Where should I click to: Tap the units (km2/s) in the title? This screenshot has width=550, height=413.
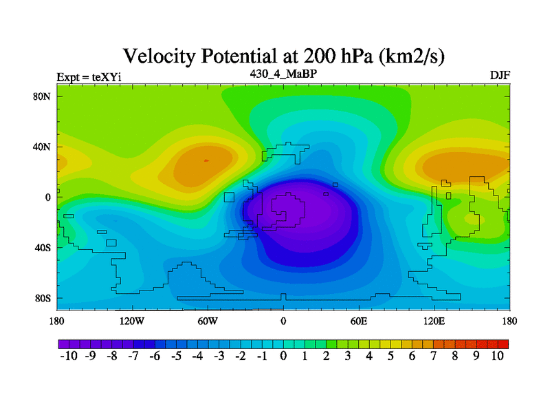(x=411, y=56)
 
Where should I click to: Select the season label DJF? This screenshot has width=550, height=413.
(x=500, y=76)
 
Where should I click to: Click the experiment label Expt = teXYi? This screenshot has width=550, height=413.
(x=89, y=77)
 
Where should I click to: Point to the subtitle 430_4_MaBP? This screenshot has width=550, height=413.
(x=283, y=74)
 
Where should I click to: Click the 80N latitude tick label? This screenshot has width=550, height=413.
(x=42, y=96)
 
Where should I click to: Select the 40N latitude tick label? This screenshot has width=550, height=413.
(x=42, y=147)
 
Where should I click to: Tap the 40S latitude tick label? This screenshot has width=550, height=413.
(x=43, y=248)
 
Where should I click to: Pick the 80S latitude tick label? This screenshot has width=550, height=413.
(x=43, y=299)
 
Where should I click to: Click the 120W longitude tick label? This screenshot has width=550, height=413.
(x=132, y=321)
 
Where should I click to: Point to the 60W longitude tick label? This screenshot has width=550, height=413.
(x=208, y=321)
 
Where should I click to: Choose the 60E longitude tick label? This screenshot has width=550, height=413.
(x=359, y=321)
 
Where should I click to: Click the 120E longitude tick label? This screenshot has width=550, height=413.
(x=434, y=321)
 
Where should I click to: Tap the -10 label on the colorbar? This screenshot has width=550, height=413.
(x=69, y=356)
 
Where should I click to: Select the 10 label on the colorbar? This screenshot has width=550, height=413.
(x=497, y=356)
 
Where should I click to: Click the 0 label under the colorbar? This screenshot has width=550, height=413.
(x=283, y=356)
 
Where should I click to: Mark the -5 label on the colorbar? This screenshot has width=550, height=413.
(x=176, y=356)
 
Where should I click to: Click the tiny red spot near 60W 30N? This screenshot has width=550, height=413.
(x=206, y=160)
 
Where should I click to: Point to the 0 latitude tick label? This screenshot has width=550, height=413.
(x=47, y=198)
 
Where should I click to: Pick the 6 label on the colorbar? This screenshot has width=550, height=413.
(x=412, y=356)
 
